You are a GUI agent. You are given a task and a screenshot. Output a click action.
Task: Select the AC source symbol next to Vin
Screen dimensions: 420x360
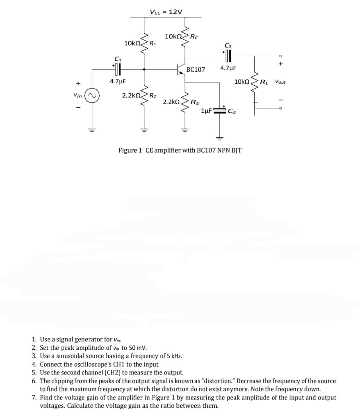coord(92,96)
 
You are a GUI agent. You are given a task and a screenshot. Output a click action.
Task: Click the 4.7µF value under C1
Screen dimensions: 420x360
coord(117,81)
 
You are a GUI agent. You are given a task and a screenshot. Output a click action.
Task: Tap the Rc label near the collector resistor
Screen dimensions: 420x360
coord(194,37)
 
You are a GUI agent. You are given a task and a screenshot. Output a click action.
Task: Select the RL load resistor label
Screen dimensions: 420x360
coord(264,82)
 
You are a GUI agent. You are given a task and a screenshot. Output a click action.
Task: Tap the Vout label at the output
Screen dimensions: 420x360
coord(280,82)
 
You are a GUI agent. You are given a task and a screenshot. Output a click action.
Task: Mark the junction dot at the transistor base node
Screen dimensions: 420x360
coord(144,70)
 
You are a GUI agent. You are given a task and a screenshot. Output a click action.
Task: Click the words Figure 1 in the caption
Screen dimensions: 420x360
coord(130,150)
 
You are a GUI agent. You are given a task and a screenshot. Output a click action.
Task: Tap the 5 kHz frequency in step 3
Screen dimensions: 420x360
coord(173,356)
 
